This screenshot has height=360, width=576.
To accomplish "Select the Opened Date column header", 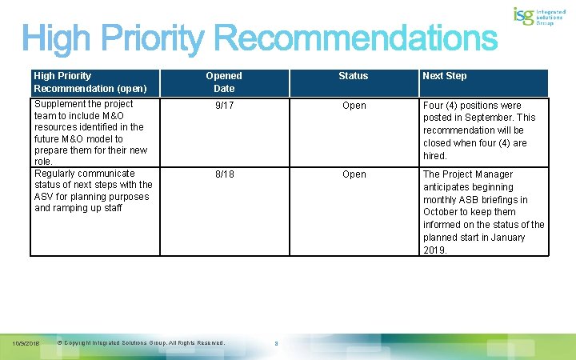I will pos(224,82).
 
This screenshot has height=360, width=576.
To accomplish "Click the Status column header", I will pos(353,76).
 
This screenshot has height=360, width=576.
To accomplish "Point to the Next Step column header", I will pos(445,76).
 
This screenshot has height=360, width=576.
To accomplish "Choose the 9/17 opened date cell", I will pos(224,106).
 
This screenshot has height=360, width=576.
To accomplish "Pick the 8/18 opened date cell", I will pos(224,174).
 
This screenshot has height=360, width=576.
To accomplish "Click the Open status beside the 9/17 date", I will pos(354,106).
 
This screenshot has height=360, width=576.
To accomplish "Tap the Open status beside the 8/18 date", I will pos(354,174).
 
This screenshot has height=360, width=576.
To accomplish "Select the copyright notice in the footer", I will pos(142,343).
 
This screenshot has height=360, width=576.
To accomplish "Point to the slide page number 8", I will pos(276,345).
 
